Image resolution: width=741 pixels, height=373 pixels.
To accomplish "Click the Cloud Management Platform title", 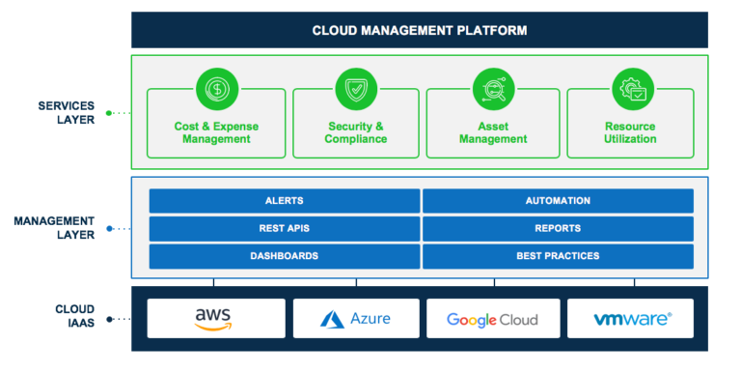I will point(420,30).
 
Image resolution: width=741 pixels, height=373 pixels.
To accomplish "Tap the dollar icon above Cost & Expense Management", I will point(216,90).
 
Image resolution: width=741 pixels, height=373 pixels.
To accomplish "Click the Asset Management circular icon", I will point(493,90).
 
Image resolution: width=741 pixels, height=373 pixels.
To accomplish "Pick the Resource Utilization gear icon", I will point(630,90).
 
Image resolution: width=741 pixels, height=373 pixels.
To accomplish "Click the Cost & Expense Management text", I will point(216,132).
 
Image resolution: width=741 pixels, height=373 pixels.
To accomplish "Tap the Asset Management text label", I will point(493,132).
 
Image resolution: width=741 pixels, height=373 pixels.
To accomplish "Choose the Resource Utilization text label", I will point(630,132).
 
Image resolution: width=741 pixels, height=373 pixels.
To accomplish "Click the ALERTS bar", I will point(284,201).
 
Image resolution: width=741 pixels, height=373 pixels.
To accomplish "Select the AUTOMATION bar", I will point(558,201).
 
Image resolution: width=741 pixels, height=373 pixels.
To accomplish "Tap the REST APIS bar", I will point(284,229).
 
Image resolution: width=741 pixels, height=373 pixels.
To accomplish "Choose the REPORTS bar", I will point(558,229).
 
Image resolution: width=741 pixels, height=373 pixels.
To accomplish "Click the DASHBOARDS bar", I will point(284,256).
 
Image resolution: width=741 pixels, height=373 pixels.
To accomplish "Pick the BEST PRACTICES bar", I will point(558,256).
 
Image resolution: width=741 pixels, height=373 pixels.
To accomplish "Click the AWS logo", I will point(216,318).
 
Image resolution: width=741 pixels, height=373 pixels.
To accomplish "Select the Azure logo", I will point(355,318).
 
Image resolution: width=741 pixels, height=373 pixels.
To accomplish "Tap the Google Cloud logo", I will point(493,318).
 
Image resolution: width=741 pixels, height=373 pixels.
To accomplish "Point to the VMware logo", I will point(630,318).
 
